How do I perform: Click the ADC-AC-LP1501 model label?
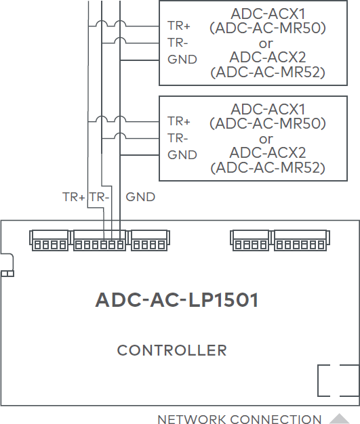click(x=177, y=300)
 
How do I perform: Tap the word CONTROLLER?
click(x=172, y=350)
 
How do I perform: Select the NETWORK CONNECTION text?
click(x=239, y=419)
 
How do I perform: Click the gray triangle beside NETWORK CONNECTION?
click(x=338, y=419)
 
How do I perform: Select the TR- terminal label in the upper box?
click(x=178, y=42)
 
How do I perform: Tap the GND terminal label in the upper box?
click(x=182, y=59)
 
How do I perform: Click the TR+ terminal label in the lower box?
click(x=179, y=121)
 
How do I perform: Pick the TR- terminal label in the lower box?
click(x=178, y=137)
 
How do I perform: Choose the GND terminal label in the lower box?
click(x=182, y=154)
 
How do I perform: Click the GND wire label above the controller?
click(x=140, y=197)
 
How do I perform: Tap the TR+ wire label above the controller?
click(x=74, y=197)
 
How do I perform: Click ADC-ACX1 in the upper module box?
click(x=268, y=14)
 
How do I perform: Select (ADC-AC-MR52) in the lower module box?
click(x=268, y=167)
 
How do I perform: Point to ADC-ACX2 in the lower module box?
click(x=268, y=152)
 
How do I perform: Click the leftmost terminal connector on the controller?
click(x=49, y=241)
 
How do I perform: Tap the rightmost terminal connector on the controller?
click(x=299, y=241)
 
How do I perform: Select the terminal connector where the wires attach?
click(x=100, y=241)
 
